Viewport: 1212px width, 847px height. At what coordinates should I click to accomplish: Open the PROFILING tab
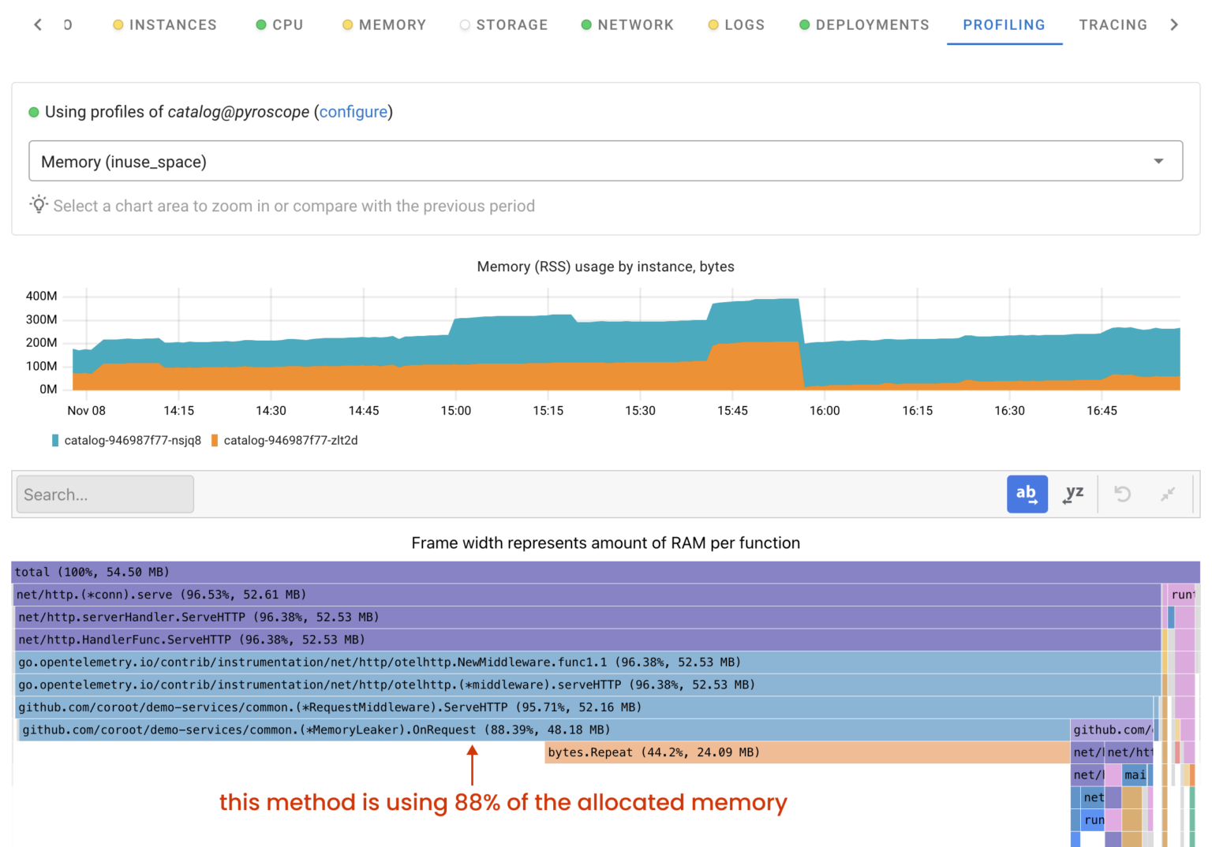click(x=1004, y=25)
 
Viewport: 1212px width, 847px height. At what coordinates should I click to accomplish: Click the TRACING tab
click(x=1113, y=25)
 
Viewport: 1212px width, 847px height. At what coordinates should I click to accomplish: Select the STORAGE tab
click(x=511, y=25)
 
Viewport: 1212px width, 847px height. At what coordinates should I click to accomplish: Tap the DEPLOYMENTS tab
click(x=872, y=25)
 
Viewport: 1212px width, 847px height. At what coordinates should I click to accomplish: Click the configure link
click(x=353, y=112)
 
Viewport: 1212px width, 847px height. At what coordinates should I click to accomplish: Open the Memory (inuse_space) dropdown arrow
click(x=1158, y=162)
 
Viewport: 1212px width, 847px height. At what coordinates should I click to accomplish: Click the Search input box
click(x=105, y=494)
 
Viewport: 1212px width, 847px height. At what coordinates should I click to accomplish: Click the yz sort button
click(x=1073, y=494)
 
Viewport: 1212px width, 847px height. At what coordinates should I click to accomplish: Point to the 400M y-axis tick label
click(x=42, y=297)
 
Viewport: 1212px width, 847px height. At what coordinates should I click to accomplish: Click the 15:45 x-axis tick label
click(x=732, y=411)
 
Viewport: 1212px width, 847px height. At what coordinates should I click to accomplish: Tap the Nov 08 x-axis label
click(x=86, y=411)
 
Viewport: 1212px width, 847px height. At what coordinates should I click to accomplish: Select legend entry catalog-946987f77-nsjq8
click(x=132, y=441)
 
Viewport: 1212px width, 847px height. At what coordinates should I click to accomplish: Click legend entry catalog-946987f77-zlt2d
click(x=290, y=441)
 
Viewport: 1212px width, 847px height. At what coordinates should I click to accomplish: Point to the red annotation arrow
click(x=472, y=765)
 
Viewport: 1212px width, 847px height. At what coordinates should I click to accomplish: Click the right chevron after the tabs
click(x=1174, y=25)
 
